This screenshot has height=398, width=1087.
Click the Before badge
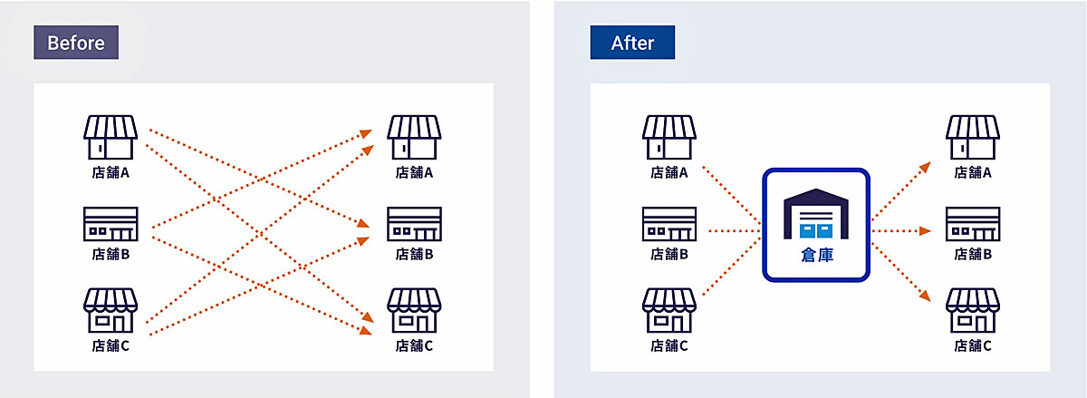[x=76, y=43]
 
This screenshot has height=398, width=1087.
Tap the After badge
[x=632, y=43]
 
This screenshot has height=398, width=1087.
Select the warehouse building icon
[x=815, y=216]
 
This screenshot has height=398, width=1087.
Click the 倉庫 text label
[x=815, y=257]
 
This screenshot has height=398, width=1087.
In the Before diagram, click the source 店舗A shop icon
[x=111, y=137]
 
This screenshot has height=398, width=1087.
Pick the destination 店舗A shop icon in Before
[x=414, y=137]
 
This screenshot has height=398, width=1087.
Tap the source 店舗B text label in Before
[x=111, y=255]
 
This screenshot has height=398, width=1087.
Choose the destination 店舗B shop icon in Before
[x=414, y=224]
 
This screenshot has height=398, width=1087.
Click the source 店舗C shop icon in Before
[x=111, y=310]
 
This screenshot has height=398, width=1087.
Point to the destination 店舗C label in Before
[x=414, y=345]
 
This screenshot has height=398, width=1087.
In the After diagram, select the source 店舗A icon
[x=669, y=137]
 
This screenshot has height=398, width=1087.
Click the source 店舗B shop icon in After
[x=669, y=224]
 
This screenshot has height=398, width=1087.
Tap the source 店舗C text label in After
[x=669, y=345]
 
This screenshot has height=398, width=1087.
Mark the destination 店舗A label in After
[x=973, y=172]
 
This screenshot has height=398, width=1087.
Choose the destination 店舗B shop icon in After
[x=973, y=224]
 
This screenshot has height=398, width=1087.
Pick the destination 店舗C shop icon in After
[x=973, y=310]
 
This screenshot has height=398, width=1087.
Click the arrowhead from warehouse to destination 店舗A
[x=925, y=166]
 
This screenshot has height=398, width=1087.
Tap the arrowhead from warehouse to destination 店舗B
[x=925, y=231]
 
